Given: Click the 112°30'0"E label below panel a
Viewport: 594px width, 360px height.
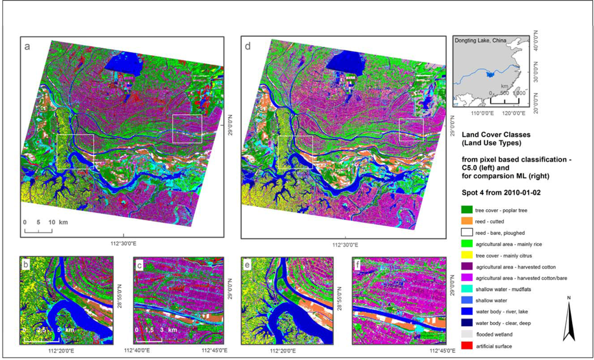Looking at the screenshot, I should (x=122, y=243).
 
